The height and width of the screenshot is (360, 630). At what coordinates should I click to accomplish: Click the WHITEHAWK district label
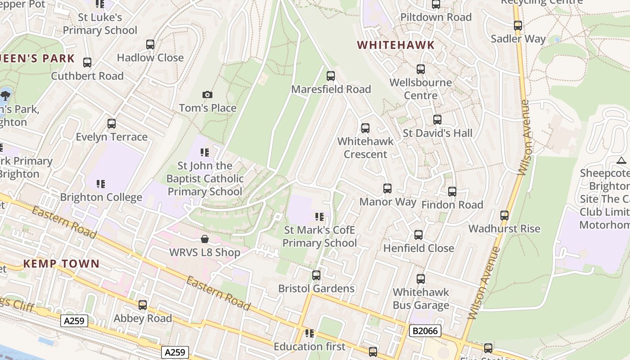396,45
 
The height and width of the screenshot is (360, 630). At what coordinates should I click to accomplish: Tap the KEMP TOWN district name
61,264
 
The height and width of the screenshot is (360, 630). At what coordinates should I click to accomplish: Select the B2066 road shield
425,331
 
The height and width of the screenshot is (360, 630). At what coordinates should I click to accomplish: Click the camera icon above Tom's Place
207,94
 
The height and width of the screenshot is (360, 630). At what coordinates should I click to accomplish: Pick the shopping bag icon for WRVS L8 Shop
205,239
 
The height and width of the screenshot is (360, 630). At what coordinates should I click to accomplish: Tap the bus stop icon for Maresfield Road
331,76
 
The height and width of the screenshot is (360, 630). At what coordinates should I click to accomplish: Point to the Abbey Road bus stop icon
143,305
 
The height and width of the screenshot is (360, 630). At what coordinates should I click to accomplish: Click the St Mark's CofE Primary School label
319,237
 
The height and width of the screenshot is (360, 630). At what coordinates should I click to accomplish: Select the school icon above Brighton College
101,184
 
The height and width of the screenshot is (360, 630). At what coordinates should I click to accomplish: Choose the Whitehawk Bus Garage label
421,299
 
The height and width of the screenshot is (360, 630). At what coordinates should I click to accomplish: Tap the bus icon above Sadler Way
518,26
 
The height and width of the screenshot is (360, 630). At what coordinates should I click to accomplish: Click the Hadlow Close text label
150,58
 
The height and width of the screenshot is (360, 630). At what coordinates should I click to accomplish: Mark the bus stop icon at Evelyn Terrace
112,124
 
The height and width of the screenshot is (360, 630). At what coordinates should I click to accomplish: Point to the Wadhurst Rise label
504,229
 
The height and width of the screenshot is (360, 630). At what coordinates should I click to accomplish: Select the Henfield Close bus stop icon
418,235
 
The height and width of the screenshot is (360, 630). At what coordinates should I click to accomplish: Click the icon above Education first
309,333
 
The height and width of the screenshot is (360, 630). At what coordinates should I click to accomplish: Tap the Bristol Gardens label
316,288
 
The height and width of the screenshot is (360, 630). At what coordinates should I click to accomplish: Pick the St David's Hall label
437,133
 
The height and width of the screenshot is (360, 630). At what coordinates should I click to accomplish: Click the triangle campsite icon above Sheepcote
621,160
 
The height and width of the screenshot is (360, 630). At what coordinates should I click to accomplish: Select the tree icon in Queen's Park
5,95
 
